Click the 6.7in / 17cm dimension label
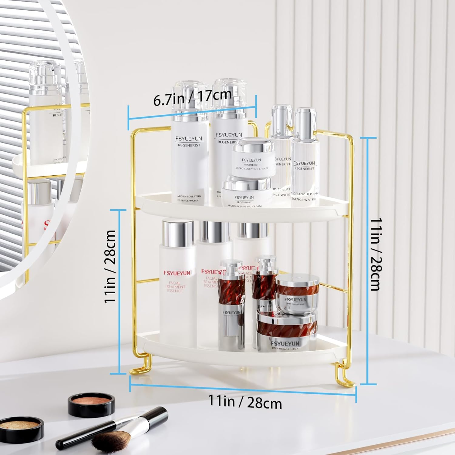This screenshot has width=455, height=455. point(193,97)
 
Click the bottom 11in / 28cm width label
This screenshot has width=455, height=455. point(245,402)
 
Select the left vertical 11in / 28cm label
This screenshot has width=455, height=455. point(110,267)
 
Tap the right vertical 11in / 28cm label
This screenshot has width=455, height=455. point(376,254)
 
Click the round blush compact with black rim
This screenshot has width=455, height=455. point(91,404)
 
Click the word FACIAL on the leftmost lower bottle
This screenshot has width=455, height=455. point(175,283)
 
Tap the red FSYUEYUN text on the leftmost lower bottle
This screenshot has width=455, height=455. point(177,273)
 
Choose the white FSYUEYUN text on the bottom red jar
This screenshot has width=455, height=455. point(285,343)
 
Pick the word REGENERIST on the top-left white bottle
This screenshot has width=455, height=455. point(189,145)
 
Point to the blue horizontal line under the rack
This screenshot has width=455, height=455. point(243,389)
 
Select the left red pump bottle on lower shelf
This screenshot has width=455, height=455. point(231,303)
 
